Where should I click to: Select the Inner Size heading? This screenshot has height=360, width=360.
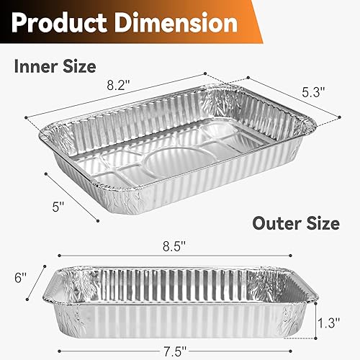tap(55, 67)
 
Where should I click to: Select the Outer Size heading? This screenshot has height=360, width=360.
tap(295, 222)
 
